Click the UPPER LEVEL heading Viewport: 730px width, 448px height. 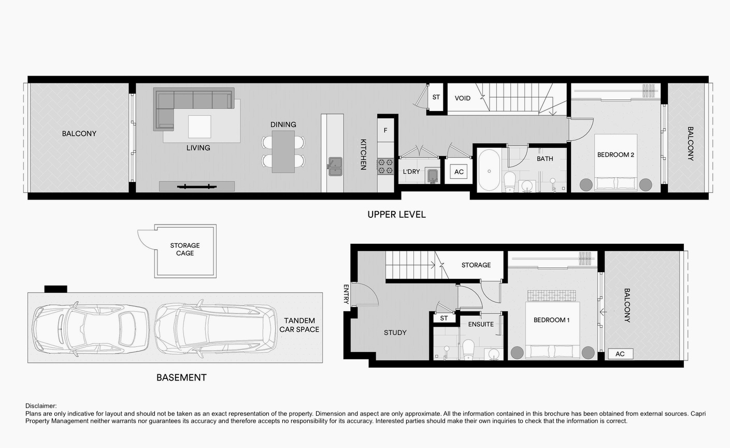click(397, 215)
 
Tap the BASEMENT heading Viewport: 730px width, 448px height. click(181, 377)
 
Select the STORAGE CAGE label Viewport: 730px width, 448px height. click(185, 249)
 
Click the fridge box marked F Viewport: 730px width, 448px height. click(385, 131)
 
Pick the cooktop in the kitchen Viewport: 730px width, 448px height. click(385, 166)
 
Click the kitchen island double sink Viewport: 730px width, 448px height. click(335, 166)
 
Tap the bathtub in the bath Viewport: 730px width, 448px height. click(489, 170)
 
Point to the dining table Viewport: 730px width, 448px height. click(283, 151)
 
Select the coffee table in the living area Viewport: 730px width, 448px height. click(199, 127)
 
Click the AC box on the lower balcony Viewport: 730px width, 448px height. click(621, 354)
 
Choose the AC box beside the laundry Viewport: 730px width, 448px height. click(459, 172)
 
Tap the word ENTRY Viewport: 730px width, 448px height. click(346, 294)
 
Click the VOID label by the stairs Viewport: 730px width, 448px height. click(463, 98)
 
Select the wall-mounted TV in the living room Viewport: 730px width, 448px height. click(197, 187)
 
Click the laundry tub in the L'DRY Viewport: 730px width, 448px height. click(433, 176)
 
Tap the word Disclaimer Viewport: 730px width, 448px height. click(41, 406)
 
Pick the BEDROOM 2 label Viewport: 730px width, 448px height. click(616, 155)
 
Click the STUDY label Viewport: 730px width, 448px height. click(395, 332)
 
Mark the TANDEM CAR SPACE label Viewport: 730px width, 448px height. click(299, 325)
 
